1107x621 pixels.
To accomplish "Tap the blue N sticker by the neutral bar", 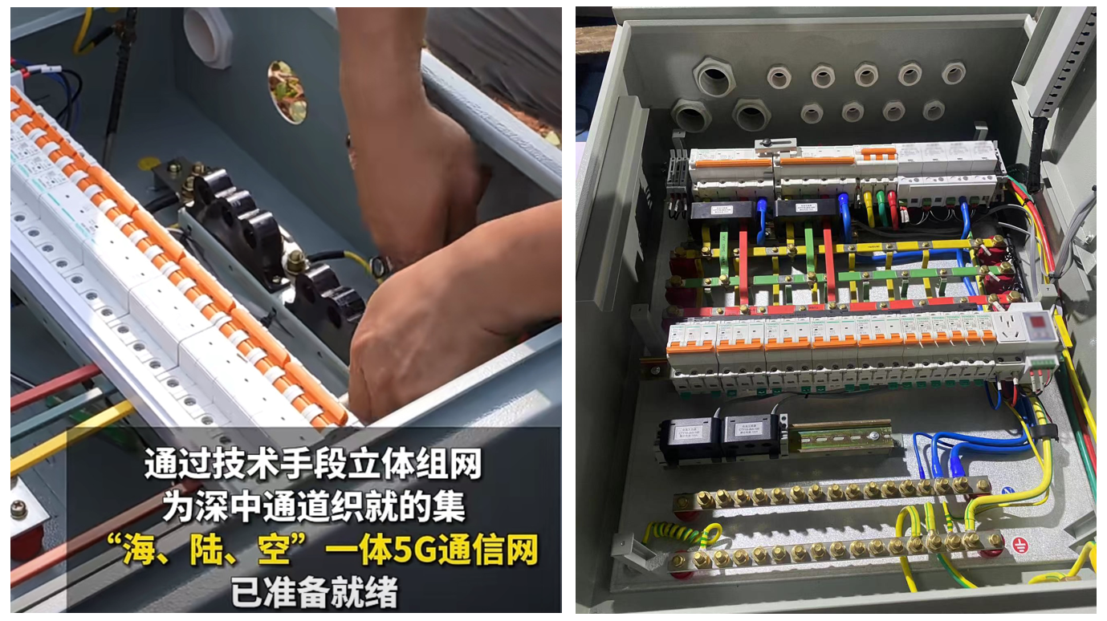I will pos(1008,490).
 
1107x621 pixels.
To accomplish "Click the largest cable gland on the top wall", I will pos(714,78).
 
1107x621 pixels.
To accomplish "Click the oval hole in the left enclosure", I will pos(287,91).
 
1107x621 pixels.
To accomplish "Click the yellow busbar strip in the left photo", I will pos(68,438).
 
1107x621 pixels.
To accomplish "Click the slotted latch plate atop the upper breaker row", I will pos(775,144).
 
